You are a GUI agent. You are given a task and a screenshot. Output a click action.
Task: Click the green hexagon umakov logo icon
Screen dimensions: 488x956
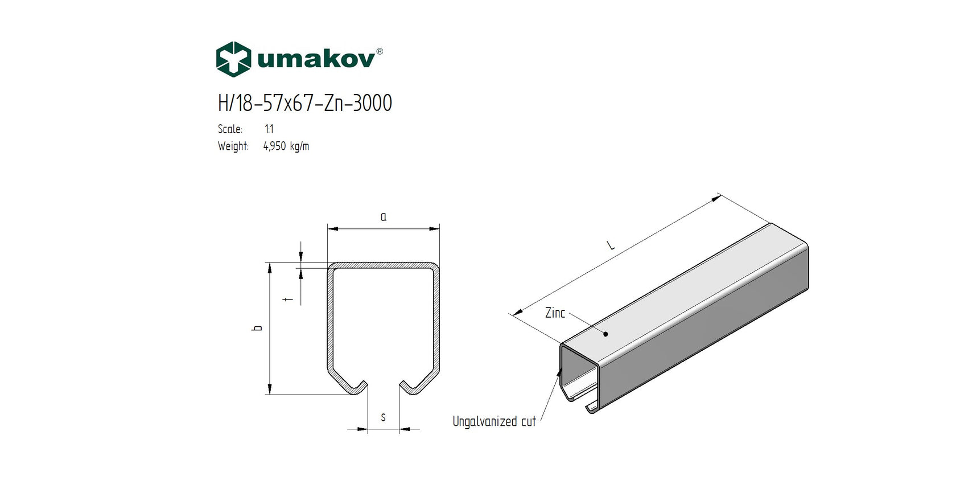[233, 59]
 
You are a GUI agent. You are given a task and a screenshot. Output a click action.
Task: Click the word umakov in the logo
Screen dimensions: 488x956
[316, 59]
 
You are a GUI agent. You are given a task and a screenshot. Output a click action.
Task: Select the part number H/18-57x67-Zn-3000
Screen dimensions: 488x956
[304, 103]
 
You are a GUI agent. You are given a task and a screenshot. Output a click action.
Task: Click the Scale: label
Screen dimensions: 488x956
[230, 129]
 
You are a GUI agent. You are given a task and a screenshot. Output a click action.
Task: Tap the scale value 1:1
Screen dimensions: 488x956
[269, 129]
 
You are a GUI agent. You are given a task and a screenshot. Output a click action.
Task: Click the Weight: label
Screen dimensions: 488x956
[233, 146]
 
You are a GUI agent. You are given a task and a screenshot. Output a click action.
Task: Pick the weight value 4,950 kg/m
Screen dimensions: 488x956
[286, 146]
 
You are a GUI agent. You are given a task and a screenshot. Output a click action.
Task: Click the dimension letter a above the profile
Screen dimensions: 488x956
[384, 217]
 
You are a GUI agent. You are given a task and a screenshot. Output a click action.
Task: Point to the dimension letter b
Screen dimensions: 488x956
[258, 328]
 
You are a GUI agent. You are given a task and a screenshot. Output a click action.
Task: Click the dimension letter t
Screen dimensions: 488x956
[289, 298]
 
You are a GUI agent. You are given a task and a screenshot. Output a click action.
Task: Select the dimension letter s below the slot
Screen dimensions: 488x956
[383, 418]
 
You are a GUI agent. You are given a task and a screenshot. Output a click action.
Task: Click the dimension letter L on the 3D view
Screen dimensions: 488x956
[611, 245]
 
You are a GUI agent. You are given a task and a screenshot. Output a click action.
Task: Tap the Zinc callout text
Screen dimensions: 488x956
[555, 313]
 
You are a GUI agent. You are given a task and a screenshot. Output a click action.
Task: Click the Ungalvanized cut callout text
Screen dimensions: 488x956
[494, 421]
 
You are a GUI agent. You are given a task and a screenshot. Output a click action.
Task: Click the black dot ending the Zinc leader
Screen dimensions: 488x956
[606, 334]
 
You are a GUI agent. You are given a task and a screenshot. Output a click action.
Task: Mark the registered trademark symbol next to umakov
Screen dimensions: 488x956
[380, 51]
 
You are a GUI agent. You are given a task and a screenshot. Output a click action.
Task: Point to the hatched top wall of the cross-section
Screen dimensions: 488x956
[383, 265]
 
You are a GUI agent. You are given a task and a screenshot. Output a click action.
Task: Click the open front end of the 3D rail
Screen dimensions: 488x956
[579, 376]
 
